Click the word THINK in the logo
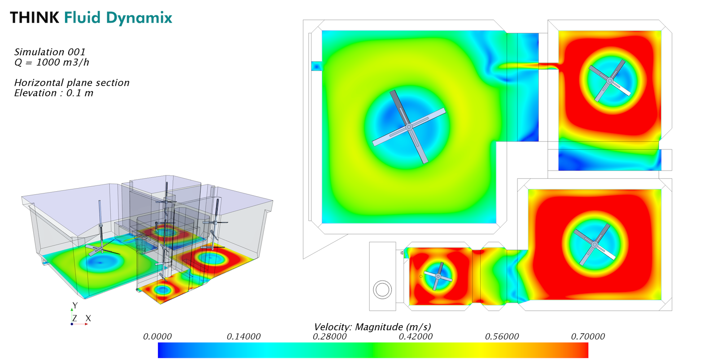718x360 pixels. [35, 18]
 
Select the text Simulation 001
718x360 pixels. [50, 52]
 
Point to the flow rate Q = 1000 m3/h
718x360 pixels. [52, 62]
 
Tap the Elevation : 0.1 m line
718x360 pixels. [53, 93]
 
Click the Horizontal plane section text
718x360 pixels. [72, 83]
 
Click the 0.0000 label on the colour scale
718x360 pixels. [157, 337]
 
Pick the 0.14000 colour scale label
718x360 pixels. [244, 337]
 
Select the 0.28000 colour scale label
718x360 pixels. [329, 337]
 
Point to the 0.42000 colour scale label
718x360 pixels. [416, 337]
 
